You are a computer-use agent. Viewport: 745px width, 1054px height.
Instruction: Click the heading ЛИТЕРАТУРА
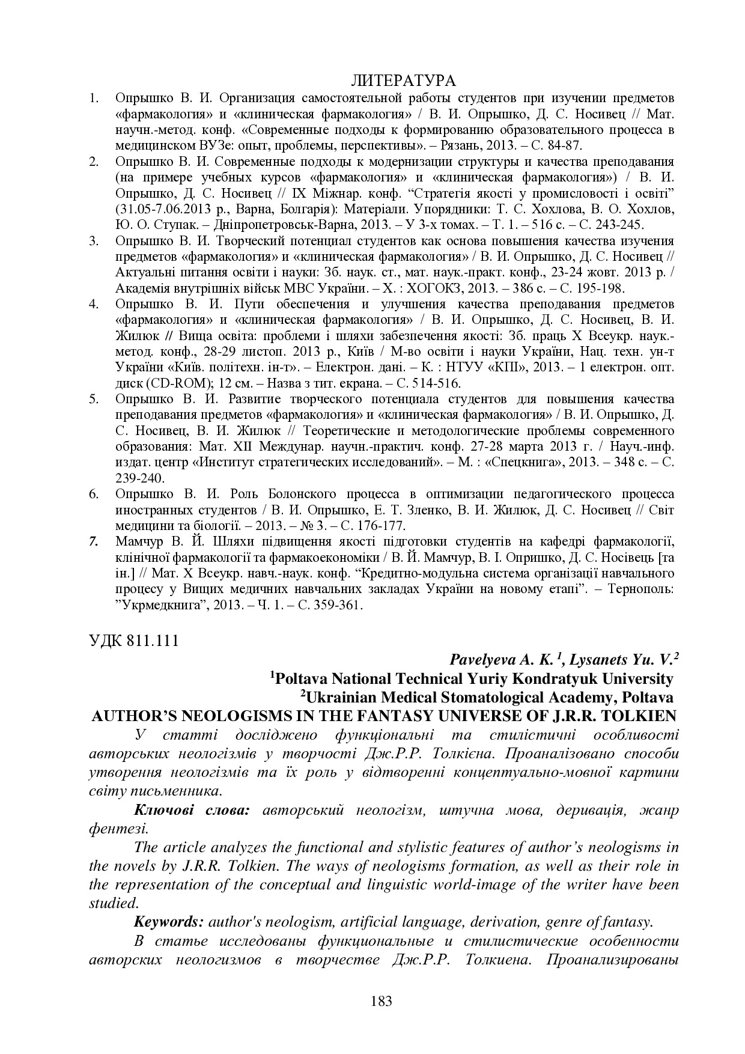403,81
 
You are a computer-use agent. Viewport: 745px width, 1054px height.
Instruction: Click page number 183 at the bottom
382,1001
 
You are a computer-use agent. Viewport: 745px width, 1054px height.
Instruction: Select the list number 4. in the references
94,303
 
